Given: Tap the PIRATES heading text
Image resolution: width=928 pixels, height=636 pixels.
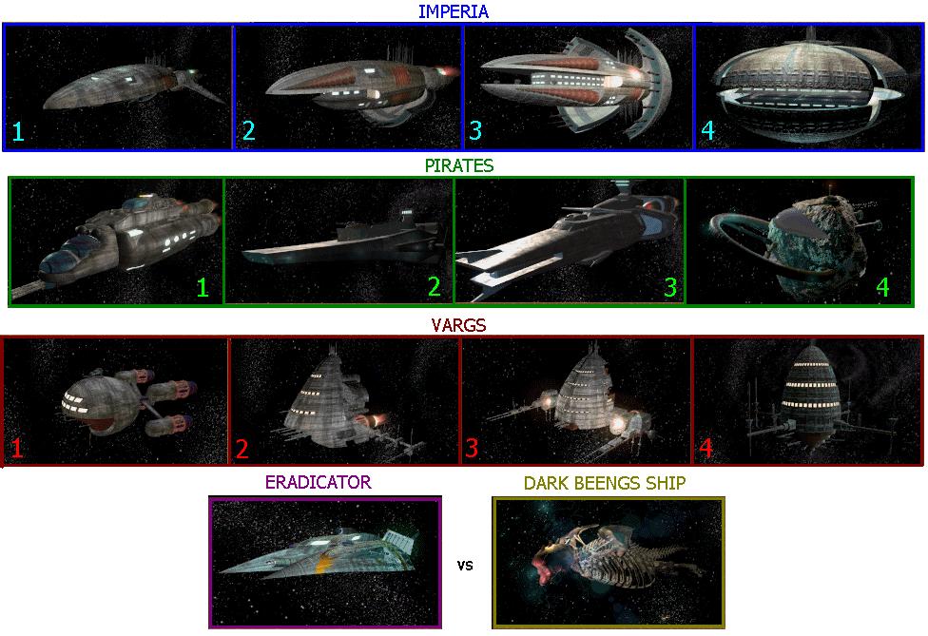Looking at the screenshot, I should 459,165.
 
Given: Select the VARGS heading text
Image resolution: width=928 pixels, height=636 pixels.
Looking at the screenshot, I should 460,325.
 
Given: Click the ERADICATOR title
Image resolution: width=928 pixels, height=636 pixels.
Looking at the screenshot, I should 318,482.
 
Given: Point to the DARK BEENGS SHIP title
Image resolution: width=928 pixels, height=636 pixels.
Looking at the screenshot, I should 605,483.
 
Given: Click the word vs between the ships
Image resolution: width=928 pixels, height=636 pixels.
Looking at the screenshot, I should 465,565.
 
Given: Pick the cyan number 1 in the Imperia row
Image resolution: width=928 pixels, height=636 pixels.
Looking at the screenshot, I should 18,131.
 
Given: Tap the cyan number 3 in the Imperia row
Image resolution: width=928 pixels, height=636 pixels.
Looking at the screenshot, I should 476,131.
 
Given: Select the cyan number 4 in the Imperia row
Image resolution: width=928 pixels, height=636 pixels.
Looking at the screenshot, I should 707,131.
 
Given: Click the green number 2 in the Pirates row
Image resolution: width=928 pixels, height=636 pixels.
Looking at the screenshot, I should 434,286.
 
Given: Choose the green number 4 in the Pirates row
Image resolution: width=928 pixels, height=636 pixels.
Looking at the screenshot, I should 881,286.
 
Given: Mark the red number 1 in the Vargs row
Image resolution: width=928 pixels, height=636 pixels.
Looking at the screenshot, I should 17,447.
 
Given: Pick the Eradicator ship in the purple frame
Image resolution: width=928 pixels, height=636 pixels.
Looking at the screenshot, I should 314,556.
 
